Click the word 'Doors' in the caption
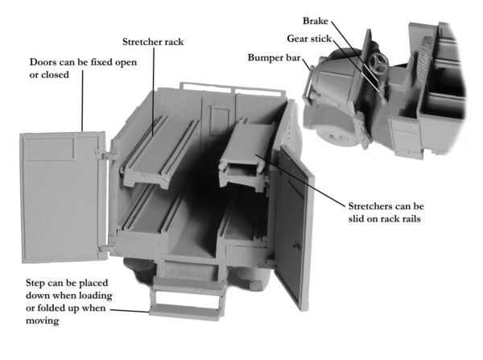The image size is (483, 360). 45,63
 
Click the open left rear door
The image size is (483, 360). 60,197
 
